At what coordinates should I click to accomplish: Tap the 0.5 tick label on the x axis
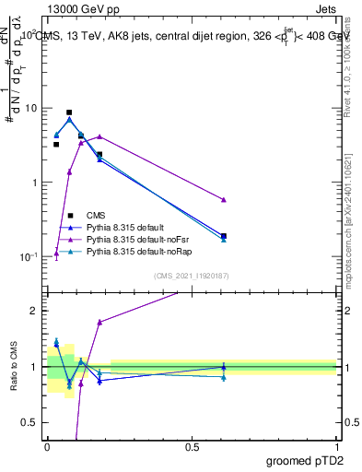pyautogui.click(x=192, y=446)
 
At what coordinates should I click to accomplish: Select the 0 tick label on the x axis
pyautogui.click(x=47, y=446)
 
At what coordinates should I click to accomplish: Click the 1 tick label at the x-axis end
pyautogui.click(x=336, y=446)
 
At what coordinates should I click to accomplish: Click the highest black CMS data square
pyautogui.click(x=69, y=112)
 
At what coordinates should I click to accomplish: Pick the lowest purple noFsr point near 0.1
pyautogui.click(x=56, y=254)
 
